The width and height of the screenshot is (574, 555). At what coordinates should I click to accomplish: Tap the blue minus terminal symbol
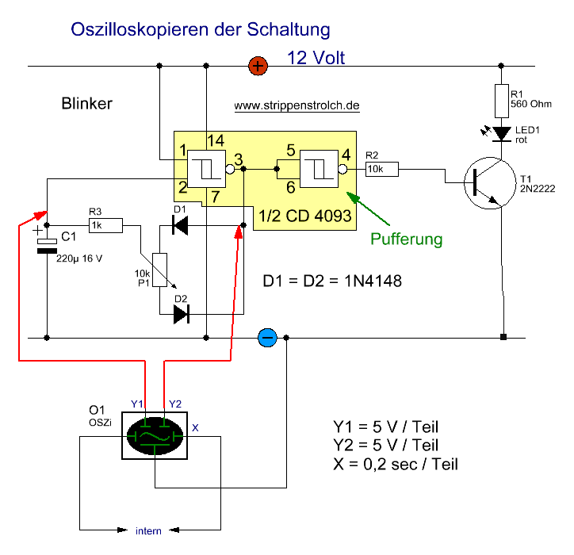point(266,338)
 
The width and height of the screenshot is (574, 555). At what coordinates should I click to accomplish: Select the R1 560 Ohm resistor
point(502,100)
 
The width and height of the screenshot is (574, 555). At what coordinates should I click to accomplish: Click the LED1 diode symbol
point(502,133)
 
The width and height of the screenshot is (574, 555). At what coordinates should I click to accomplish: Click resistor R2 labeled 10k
point(381,168)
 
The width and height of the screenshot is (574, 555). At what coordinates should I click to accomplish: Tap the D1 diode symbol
point(181,227)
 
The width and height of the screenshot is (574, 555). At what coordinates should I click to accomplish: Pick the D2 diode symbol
point(181,314)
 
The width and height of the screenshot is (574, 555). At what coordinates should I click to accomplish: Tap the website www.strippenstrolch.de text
point(297,105)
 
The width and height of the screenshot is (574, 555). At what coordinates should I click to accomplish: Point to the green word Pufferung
point(407,238)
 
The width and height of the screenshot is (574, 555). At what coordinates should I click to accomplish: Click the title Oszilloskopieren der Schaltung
point(201,31)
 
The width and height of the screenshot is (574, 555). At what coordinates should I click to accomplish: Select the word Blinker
point(86,104)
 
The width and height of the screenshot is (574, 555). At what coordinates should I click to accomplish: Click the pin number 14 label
point(215,140)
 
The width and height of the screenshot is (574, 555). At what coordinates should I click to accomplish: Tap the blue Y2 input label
point(176,404)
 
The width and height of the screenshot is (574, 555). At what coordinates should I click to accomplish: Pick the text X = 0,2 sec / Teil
point(396,464)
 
